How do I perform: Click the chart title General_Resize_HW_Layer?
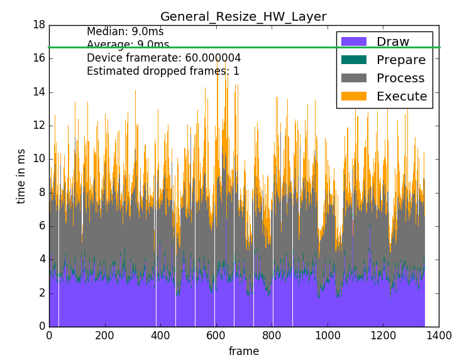click(x=243, y=16)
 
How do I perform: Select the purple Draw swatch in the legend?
click(x=353, y=42)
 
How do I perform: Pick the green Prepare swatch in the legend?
click(x=353, y=60)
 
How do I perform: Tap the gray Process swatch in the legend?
click(x=353, y=79)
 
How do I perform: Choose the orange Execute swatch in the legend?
click(x=353, y=96)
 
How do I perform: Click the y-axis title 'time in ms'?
click(x=21, y=176)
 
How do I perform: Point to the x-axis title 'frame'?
click(x=243, y=351)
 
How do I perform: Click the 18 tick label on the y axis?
click(x=38, y=25)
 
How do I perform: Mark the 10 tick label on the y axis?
click(x=38, y=159)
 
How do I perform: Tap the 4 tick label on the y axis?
click(x=41, y=259)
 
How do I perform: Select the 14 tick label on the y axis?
click(x=38, y=92)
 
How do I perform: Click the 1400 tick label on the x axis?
click(x=438, y=336)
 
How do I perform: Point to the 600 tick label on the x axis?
click(x=216, y=336)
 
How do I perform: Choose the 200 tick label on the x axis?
click(x=105, y=336)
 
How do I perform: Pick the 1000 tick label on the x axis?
click(x=327, y=336)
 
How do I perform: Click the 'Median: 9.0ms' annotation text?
click(x=125, y=31)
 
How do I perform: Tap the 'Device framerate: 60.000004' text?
click(x=163, y=58)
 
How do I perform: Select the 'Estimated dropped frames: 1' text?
click(x=163, y=71)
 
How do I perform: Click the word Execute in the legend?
click(x=402, y=96)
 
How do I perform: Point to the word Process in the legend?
click(x=400, y=79)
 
